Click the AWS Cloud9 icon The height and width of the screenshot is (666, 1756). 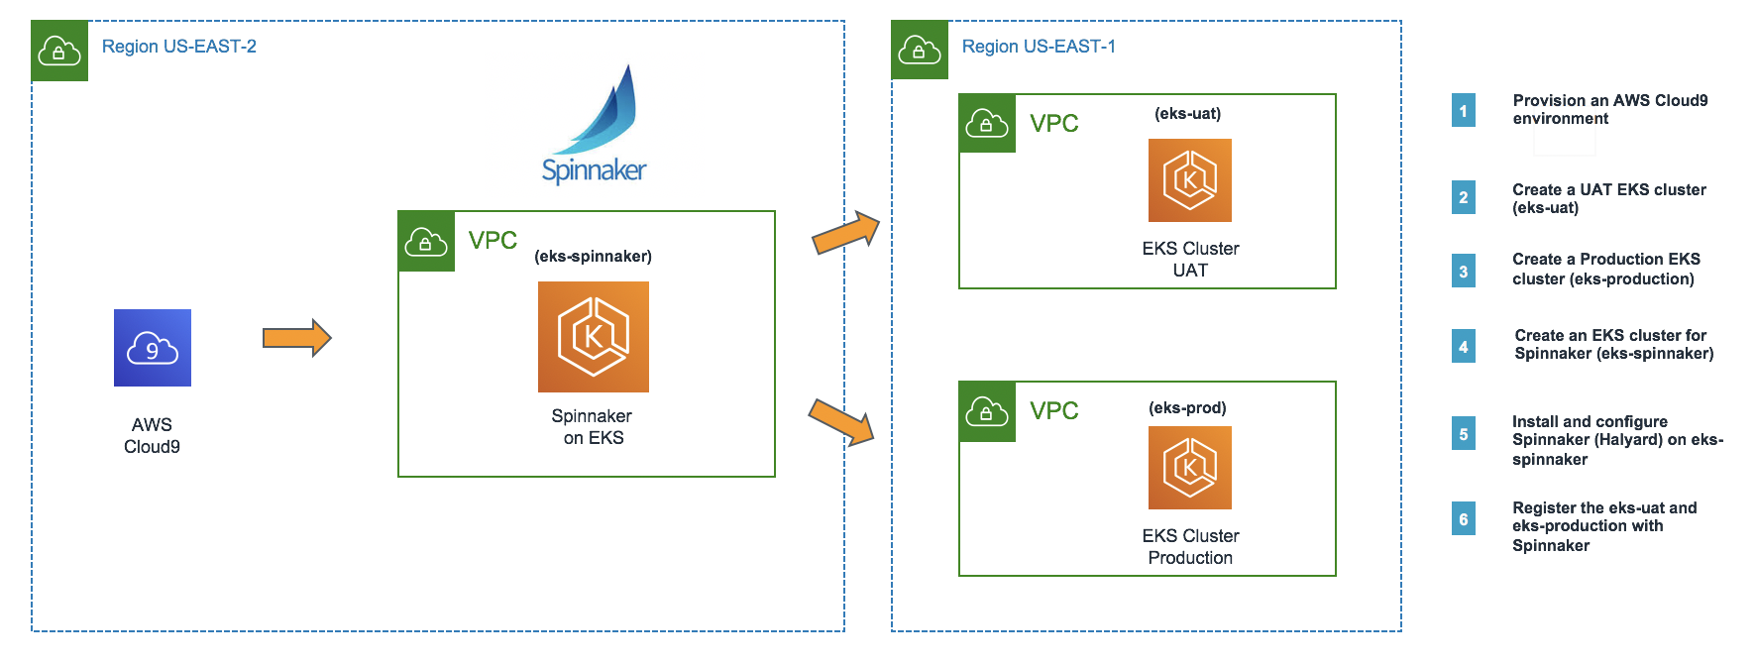coord(153,348)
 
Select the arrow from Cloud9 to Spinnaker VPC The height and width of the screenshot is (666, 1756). coord(296,338)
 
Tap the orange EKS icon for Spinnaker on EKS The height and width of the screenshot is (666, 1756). coord(593,337)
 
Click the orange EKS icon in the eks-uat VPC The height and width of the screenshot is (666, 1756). coord(1189,180)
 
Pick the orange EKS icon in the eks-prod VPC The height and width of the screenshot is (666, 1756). coord(1189,468)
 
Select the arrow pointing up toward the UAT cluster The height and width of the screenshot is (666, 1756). coord(846,234)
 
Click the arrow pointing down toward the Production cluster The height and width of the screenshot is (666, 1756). coord(842,421)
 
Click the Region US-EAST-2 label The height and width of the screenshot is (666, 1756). coord(179,47)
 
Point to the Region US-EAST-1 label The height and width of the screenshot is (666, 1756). coord(1039,47)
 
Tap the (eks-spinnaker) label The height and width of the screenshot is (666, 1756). coord(593,257)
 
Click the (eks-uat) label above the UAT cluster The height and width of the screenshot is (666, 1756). coord(1187,114)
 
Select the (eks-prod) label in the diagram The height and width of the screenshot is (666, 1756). coord(1187,408)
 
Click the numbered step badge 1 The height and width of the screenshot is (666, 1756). coord(1463,110)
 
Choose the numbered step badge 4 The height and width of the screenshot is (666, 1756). coord(1463,346)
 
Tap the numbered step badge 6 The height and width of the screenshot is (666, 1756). coord(1463,519)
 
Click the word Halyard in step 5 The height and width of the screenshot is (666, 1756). coord(1627,440)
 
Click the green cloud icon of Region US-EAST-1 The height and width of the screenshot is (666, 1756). coord(920,50)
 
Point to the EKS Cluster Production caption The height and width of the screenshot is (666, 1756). coord(1190,547)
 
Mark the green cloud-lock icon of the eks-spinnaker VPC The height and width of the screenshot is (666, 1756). coord(426,241)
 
